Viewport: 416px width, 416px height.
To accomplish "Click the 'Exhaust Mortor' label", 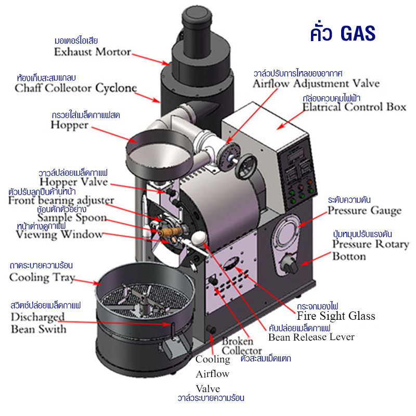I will tap(93, 52).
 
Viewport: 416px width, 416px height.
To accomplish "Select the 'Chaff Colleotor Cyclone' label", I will tap(76, 88).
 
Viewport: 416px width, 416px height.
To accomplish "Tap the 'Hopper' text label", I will tap(69, 125).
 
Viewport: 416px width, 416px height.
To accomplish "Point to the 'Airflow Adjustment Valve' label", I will tap(316, 83).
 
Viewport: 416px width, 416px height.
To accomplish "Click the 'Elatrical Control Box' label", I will tap(354, 107).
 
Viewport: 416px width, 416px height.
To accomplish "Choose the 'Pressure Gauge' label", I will tap(364, 211).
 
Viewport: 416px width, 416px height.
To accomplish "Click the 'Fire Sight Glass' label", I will tap(336, 316).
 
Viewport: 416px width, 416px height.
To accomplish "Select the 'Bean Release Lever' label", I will tap(311, 337).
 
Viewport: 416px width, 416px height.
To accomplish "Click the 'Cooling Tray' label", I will tap(42, 277).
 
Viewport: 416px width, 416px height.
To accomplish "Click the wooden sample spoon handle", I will tap(174, 228).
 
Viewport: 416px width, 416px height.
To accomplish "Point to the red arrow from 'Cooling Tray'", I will tap(89, 281).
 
